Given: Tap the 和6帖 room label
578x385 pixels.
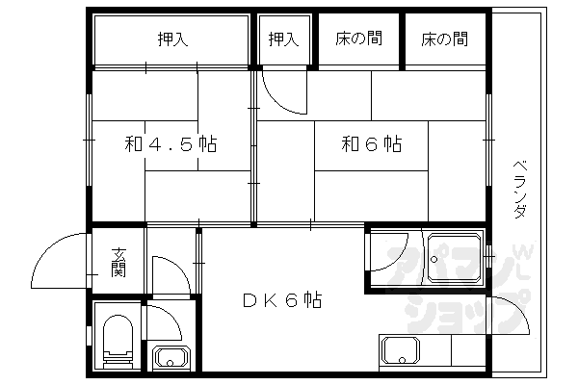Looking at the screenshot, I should (372, 145).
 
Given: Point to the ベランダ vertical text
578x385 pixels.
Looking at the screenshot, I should (519, 189).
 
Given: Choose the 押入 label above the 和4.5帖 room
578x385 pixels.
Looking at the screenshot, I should (172, 39).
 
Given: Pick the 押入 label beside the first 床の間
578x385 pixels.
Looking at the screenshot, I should (282, 39).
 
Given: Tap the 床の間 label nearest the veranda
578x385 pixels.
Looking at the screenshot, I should (444, 39).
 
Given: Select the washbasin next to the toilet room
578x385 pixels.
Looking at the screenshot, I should (173, 357).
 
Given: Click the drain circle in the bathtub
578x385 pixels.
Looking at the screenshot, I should (436, 258).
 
